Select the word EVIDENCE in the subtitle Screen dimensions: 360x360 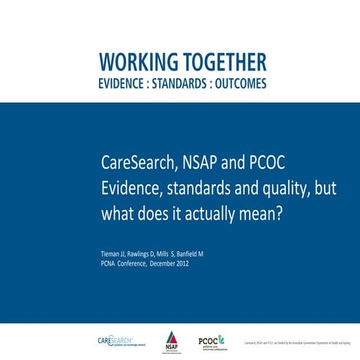[125, 84]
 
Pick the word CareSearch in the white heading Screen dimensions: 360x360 [136, 162]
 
